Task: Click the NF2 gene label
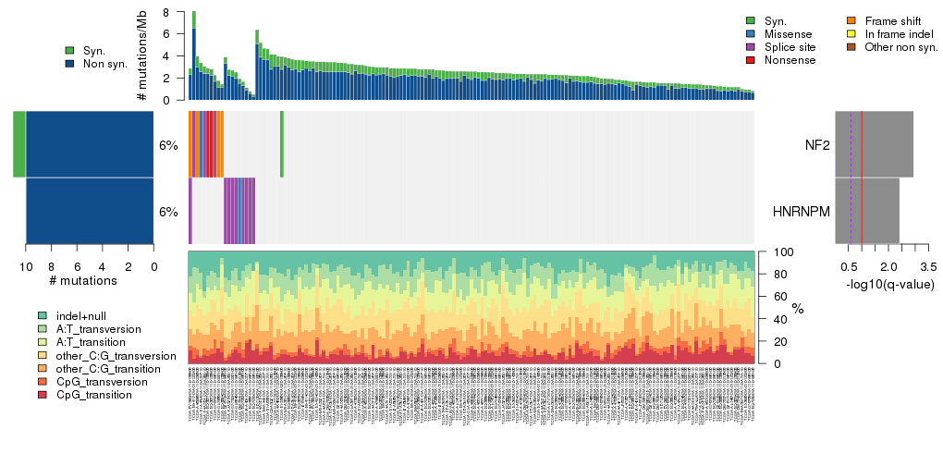816,144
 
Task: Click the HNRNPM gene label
801,212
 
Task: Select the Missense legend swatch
750,33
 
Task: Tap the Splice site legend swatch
750,46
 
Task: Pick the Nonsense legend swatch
750,59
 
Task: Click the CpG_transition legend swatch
43,395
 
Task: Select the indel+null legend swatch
43,315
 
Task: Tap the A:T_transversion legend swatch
43,328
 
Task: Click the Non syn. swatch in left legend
70,64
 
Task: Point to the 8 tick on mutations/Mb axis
165,12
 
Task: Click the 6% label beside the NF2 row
168,145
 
